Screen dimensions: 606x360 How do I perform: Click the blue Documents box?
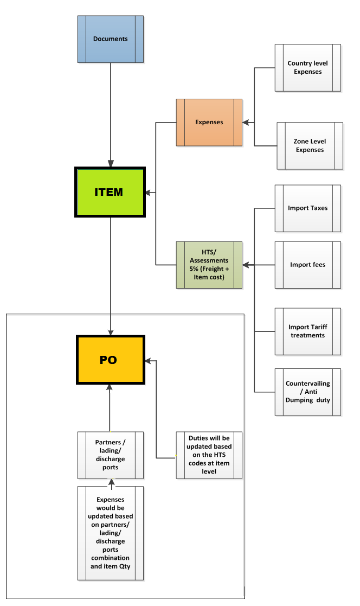click(111, 39)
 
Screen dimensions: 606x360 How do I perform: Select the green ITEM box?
click(110, 192)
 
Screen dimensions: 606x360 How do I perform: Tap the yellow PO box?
click(110, 360)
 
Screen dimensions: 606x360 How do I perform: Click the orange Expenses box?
click(209, 123)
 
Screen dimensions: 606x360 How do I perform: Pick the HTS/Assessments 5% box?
click(209, 265)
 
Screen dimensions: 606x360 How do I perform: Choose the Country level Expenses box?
click(308, 68)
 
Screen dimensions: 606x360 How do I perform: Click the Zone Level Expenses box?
click(310, 146)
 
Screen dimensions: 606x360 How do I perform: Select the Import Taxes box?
click(308, 208)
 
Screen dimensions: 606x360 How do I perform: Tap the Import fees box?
click(308, 265)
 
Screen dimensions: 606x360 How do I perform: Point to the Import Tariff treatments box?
click(308, 331)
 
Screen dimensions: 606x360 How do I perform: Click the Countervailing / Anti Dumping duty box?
click(308, 392)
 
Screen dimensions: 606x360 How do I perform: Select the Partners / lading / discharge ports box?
click(111, 455)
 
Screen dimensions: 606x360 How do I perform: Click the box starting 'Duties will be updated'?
click(209, 455)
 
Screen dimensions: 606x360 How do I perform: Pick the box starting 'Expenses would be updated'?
click(111, 533)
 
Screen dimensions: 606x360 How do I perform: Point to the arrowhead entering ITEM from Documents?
click(111, 163)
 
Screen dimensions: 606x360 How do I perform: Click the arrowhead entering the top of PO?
click(111, 332)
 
